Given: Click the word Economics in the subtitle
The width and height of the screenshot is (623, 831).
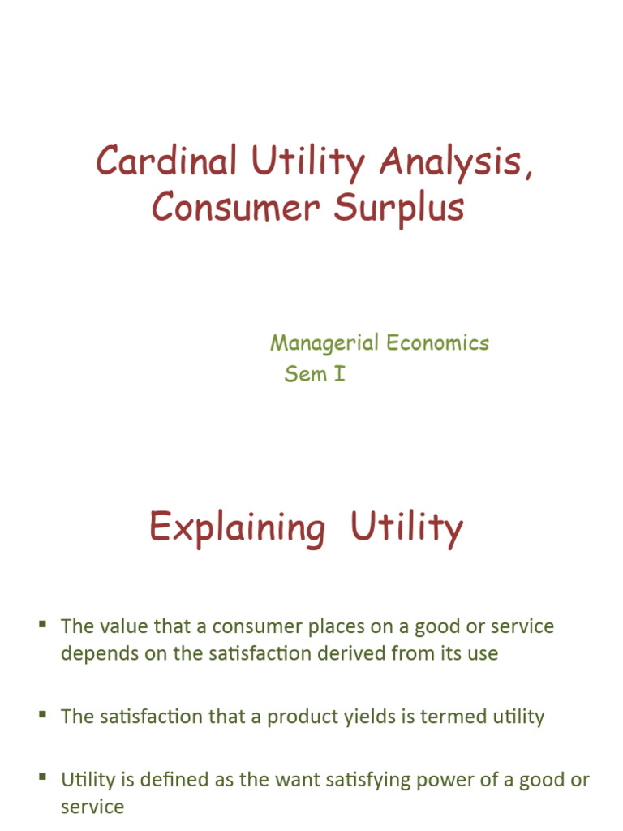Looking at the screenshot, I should tap(437, 343).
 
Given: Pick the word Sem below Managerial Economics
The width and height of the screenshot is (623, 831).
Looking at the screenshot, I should tap(305, 375).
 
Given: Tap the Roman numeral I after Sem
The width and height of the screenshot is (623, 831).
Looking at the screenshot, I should tap(339, 375).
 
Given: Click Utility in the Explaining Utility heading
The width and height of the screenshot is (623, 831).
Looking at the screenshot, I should tap(406, 529).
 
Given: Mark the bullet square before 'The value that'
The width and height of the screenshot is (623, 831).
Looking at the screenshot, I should tap(43, 622).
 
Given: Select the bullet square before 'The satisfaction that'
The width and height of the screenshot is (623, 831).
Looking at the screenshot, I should tap(43, 713).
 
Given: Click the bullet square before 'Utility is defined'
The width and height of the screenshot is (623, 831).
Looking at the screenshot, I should tap(43, 777).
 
